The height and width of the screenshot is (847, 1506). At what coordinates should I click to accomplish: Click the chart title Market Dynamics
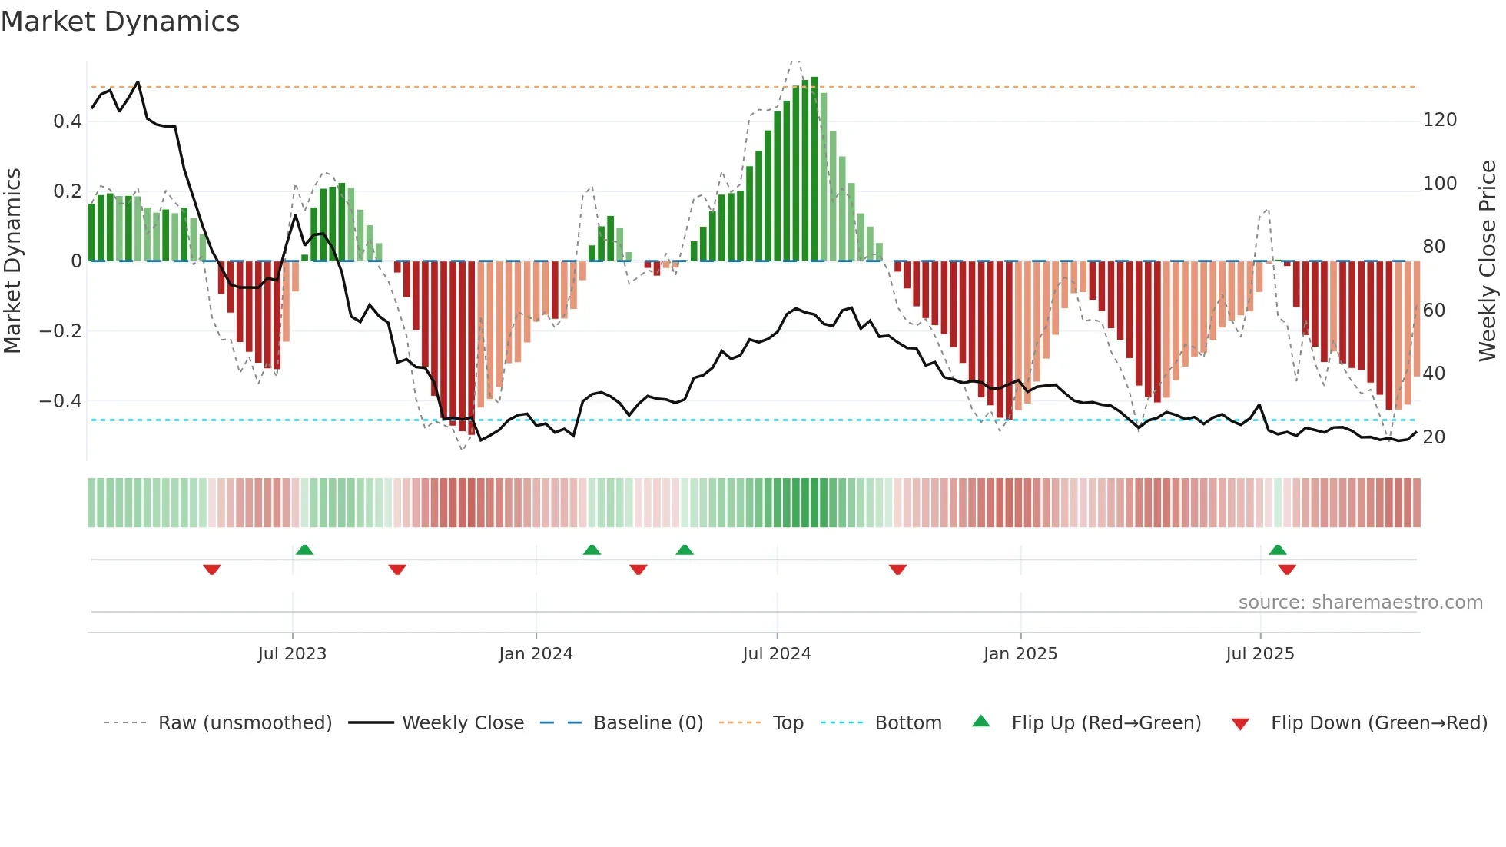(120, 22)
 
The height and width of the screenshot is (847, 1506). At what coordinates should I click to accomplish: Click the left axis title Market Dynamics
(12, 261)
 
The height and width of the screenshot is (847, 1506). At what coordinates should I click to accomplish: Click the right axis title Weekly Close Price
(1488, 261)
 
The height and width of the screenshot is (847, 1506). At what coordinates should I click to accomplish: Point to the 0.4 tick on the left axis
(68, 121)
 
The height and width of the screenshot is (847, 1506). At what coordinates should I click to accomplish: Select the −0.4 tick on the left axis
(61, 400)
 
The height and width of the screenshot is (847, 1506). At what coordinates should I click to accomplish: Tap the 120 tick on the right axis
(1439, 120)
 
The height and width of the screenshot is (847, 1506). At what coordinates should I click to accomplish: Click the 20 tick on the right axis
(1434, 437)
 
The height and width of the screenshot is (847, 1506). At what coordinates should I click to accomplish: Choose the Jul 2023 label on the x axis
(292, 653)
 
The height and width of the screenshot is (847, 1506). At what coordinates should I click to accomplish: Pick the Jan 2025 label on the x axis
(1020, 653)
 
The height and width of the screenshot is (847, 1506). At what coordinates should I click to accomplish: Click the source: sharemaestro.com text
(1360, 602)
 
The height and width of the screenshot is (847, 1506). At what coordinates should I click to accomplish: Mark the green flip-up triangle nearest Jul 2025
(1277, 550)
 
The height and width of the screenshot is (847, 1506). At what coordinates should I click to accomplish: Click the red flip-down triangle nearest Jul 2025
(1287, 570)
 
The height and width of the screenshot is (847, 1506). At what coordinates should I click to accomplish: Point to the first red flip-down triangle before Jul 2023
(212, 570)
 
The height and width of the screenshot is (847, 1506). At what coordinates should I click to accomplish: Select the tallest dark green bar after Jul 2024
(814, 169)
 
